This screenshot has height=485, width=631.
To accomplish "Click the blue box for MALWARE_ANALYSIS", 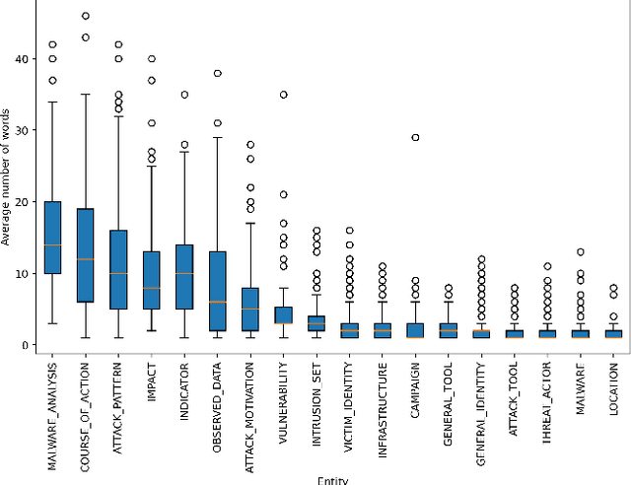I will point(52,238).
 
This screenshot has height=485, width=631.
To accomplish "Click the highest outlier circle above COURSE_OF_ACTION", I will point(85,16).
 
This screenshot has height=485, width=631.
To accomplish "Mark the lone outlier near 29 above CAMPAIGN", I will point(415,137).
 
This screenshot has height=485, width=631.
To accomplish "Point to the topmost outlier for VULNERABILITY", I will point(283,95).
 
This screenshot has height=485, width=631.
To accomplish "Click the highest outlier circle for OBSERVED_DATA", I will point(217,73).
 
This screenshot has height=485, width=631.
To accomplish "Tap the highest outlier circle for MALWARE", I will point(580,252).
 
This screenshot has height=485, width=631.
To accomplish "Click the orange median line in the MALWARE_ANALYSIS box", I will point(52,244).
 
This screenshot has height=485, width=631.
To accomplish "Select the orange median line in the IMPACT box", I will point(151,289).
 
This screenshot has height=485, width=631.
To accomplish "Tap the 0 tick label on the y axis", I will point(25,345).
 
